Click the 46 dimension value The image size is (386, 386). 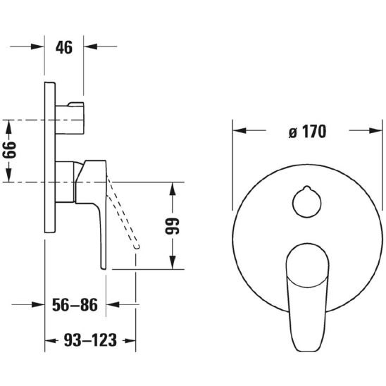coord(64,47)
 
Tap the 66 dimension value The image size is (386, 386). coord(9,150)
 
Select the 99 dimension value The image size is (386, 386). coord(173,226)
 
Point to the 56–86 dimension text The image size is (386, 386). coord(75,305)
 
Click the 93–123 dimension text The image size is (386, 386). coord(90,340)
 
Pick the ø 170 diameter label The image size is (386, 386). coord(308,132)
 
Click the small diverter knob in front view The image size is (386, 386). coord(306,202)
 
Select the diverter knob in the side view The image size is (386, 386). coord(70,118)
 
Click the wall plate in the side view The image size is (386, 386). coord(50,157)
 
